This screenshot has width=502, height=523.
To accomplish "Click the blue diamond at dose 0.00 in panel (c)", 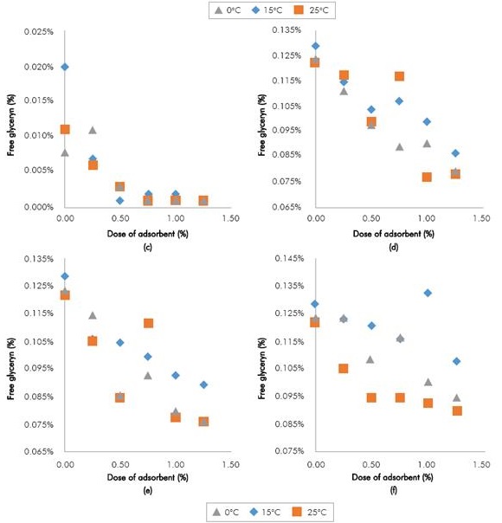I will tap(65, 67).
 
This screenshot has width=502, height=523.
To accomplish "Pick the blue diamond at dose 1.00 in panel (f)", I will tap(428, 293).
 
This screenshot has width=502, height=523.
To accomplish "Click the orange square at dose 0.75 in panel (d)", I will tap(399, 76).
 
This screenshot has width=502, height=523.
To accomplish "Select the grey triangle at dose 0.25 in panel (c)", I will tap(93, 130).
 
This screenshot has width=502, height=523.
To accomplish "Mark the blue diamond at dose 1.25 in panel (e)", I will tap(203, 384).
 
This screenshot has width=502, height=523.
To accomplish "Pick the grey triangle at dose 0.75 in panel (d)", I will tap(399, 146).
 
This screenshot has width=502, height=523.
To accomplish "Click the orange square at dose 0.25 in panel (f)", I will tap(344, 368).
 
